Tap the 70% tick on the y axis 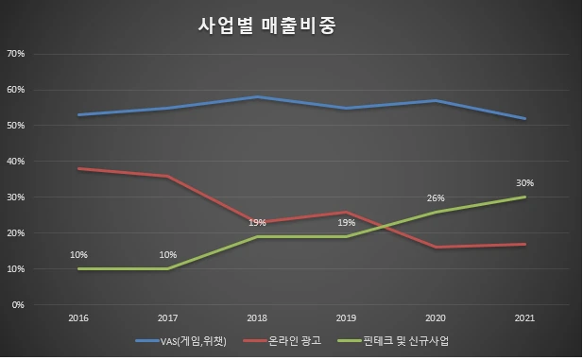pos(16,54)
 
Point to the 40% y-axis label pos(16,162)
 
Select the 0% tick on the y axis pos(19,305)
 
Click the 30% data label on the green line pos(525,183)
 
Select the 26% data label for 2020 pos(436,198)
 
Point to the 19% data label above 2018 pos(258,223)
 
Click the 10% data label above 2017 pos(168,255)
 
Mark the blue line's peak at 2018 pos(258,97)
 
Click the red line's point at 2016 pos(79,169)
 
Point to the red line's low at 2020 pos(436,248)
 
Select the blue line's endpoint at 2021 pos(525,119)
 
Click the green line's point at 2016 pos(79,269)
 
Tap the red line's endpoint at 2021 pos(525,245)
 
